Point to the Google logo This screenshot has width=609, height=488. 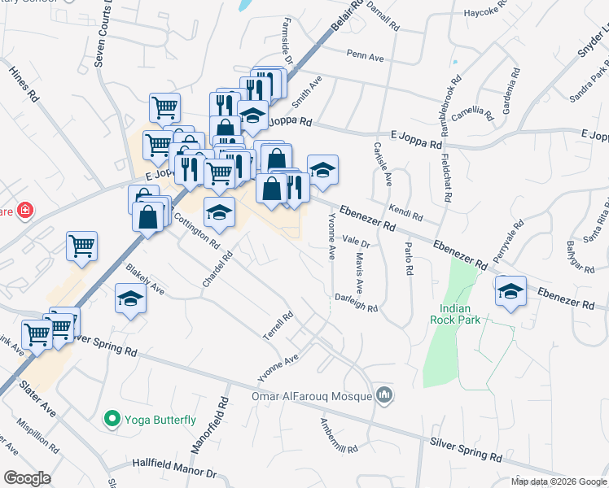click(27, 478)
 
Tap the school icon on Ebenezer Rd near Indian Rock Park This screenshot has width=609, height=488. click(510, 291)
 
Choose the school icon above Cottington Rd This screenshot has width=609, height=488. click(219, 212)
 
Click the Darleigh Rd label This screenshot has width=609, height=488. click(357, 303)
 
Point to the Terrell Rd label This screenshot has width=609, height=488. click(277, 326)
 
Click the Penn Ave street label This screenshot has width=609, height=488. click(365, 55)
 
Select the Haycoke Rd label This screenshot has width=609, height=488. click(486, 13)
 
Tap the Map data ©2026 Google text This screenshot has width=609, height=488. click(559, 481)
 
